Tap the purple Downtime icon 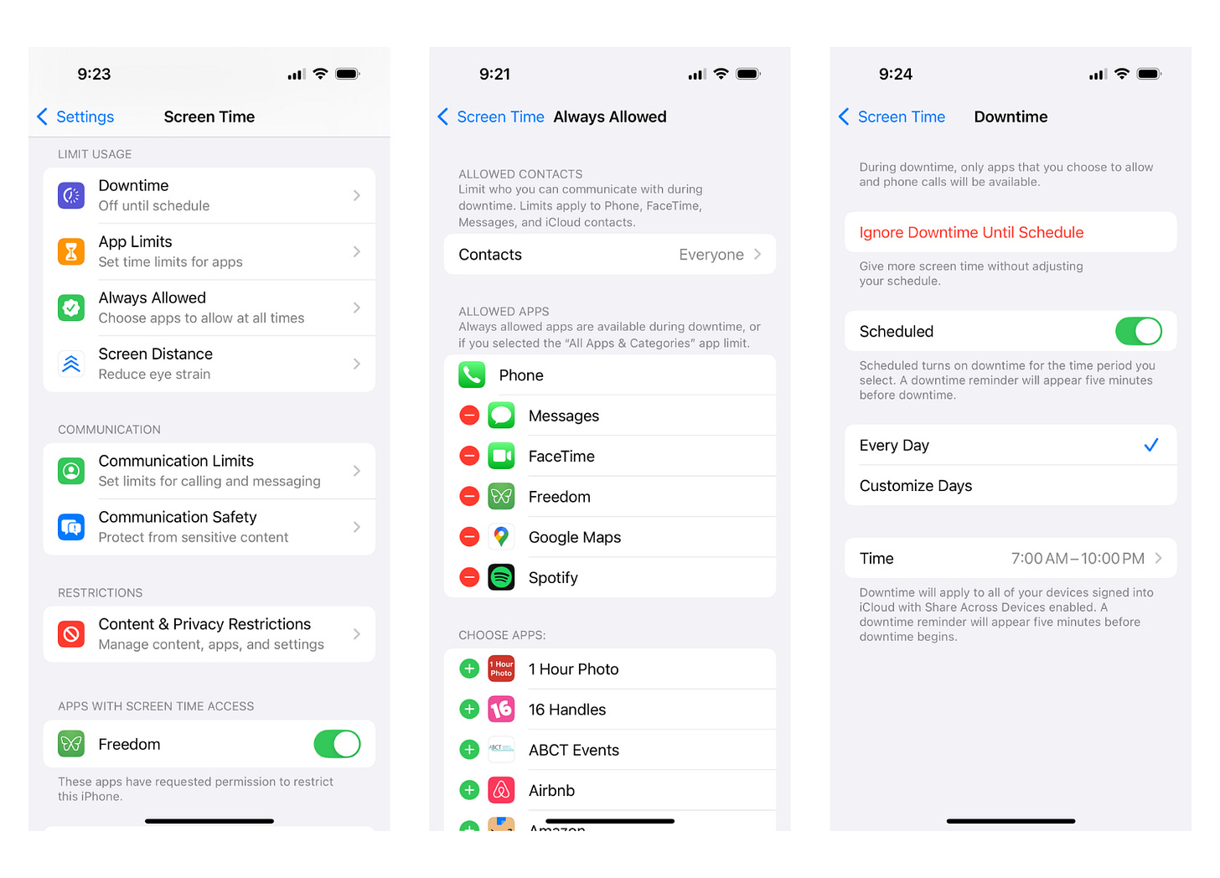click(71, 195)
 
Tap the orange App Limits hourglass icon click(71, 251)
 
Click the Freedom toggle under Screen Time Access click(337, 745)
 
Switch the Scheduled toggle click(1139, 331)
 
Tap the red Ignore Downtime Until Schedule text click(972, 233)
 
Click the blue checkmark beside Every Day click(1151, 445)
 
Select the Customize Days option click(916, 485)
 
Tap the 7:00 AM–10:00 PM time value click(1078, 558)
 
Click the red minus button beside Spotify click(469, 577)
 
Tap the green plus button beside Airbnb click(469, 790)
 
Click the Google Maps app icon click(502, 537)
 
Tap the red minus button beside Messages click(469, 416)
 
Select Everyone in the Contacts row click(711, 255)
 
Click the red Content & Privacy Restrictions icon click(71, 634)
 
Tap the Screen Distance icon click(71, 364)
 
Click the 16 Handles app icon click(502, 709)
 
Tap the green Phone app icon click(473, 375)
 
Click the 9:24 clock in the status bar click(896, 74)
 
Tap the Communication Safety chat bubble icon click(71, 527)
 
